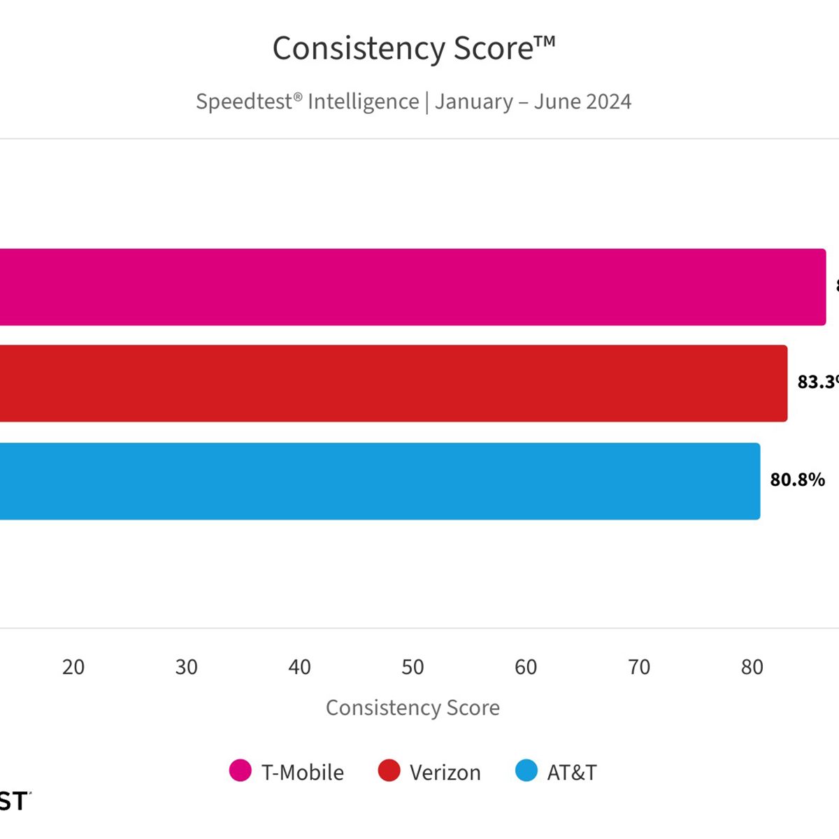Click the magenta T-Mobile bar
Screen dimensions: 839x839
(413, 287)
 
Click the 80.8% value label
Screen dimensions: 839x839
(797, 480)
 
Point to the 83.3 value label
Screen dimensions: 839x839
(817, 382)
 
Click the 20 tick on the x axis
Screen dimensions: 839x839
(73, 667)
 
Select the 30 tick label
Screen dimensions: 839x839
(187, 667)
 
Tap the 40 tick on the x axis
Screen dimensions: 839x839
(299, 667)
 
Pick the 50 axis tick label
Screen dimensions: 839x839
(413, 667)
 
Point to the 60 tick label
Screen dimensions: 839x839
(526, 667)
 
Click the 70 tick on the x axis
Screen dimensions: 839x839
(639, 667)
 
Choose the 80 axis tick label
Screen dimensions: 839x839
(752, 667)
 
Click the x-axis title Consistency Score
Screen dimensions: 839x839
(413, 708)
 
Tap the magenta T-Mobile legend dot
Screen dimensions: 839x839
(241, 770)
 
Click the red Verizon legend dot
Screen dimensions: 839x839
(389, 770)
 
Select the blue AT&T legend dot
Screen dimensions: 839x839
(526, 770)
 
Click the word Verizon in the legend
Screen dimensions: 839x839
(445, 773)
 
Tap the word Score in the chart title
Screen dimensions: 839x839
(494, 49)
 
